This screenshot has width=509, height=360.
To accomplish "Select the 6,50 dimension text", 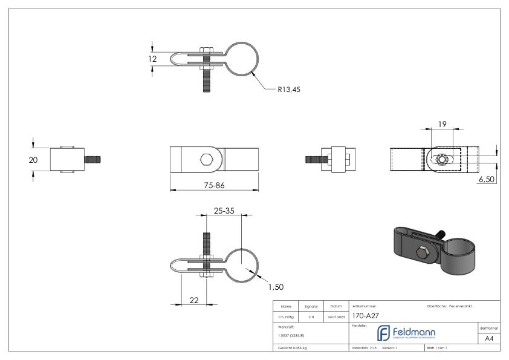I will [487, 180].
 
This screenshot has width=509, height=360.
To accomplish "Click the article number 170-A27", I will [366, 315].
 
